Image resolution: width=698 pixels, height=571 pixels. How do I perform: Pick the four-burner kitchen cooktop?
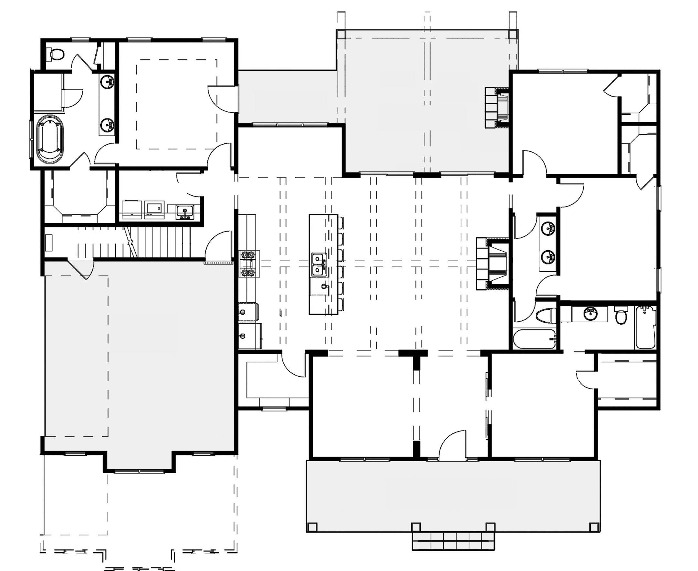point(248,263)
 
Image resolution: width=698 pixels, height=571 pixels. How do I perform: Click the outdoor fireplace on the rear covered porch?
point(498,108)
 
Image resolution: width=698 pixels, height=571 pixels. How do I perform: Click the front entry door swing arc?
point(452,443)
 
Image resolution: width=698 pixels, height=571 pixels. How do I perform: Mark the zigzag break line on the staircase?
point(131,244)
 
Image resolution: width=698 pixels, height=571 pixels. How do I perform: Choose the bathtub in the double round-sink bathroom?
point(534,339)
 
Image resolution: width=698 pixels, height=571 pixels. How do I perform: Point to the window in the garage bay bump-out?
point(139,471)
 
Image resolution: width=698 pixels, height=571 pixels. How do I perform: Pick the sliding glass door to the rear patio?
point(290,125)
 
